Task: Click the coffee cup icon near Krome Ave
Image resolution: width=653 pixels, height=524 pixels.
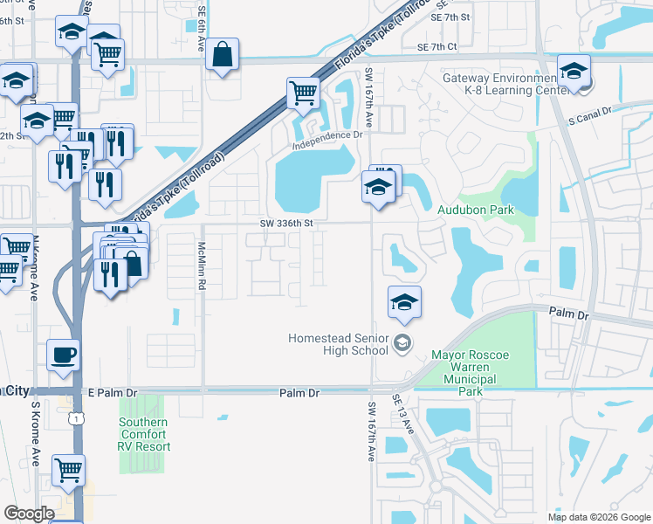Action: click(x=62, y=355)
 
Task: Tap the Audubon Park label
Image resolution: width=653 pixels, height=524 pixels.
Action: click(x=475, y=210)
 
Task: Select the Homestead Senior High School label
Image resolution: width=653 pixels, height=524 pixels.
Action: click(x=339, y=345)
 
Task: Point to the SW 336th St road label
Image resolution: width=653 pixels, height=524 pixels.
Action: click(x=285, y=224)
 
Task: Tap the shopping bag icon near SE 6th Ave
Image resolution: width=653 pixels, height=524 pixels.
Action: click(x=223, y=54)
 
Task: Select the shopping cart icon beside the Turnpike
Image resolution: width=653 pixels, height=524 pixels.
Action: click(x=303, y=93)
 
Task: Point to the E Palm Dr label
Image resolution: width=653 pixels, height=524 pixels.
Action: click(x=113, y=393)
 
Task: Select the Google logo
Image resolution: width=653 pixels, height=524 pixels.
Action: click(x=29, y=514)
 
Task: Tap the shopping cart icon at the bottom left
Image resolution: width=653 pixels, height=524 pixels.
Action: click(x=68, y=470)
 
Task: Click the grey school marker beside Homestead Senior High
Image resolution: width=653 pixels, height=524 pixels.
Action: click(x=402, y=342)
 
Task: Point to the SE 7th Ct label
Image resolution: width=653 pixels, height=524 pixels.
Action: click(x=437, y=47)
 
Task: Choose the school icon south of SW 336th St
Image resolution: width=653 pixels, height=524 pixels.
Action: click(x=404, y=302)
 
